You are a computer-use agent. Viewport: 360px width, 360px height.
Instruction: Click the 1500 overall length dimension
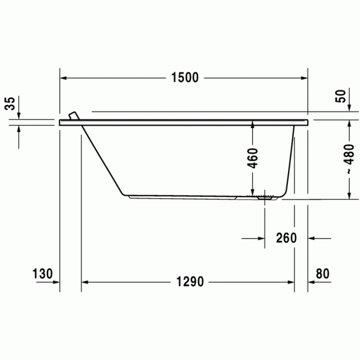[x=185, y=78]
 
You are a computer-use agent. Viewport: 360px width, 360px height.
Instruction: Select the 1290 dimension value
[x=190, y=282]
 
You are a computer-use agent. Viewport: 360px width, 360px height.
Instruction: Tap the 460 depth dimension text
[x=253, y=159]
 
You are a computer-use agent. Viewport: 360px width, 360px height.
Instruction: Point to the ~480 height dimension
[x=349, y=159]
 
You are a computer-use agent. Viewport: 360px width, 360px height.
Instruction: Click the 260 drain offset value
[x=286, y=238]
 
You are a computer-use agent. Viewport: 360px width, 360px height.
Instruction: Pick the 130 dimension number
[x=43, y=274]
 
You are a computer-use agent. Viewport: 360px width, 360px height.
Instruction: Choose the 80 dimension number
[x=322, y=274]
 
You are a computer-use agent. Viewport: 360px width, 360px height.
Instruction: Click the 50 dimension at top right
[x=340, y=96]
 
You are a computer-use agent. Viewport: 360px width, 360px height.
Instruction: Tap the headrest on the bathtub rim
[x=74, y=115]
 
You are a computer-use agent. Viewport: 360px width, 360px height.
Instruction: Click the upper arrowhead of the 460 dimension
[x=253, y=124]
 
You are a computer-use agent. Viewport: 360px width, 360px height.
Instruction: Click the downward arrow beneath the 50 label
[x=350, y=107]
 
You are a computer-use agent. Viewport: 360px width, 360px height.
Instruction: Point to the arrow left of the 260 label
[x=260, y=238]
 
